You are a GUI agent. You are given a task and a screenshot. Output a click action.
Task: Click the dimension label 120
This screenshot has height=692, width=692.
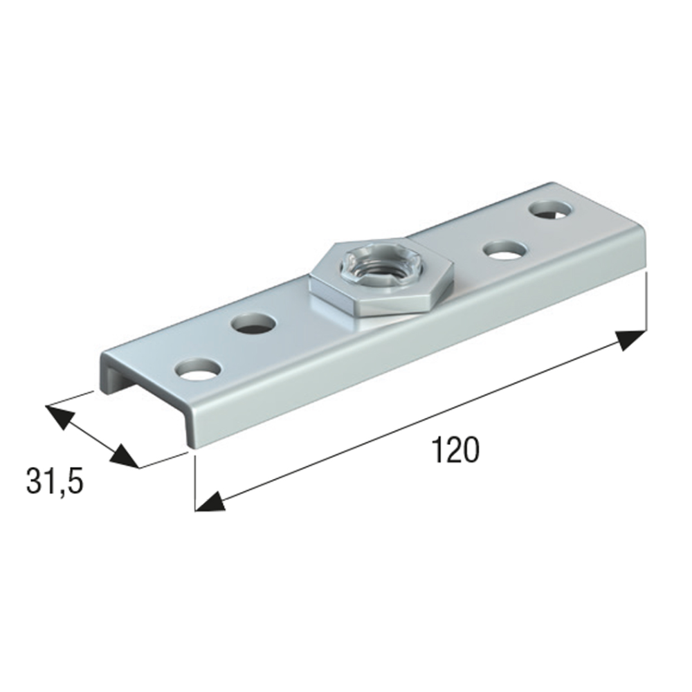455,450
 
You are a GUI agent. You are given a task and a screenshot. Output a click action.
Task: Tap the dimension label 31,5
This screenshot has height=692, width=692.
55,481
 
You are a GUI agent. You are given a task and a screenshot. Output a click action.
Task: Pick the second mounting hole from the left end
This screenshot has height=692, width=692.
253,325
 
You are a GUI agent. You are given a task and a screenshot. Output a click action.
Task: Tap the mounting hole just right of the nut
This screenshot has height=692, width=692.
505,250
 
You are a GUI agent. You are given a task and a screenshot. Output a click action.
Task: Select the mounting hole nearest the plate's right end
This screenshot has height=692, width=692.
549,210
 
